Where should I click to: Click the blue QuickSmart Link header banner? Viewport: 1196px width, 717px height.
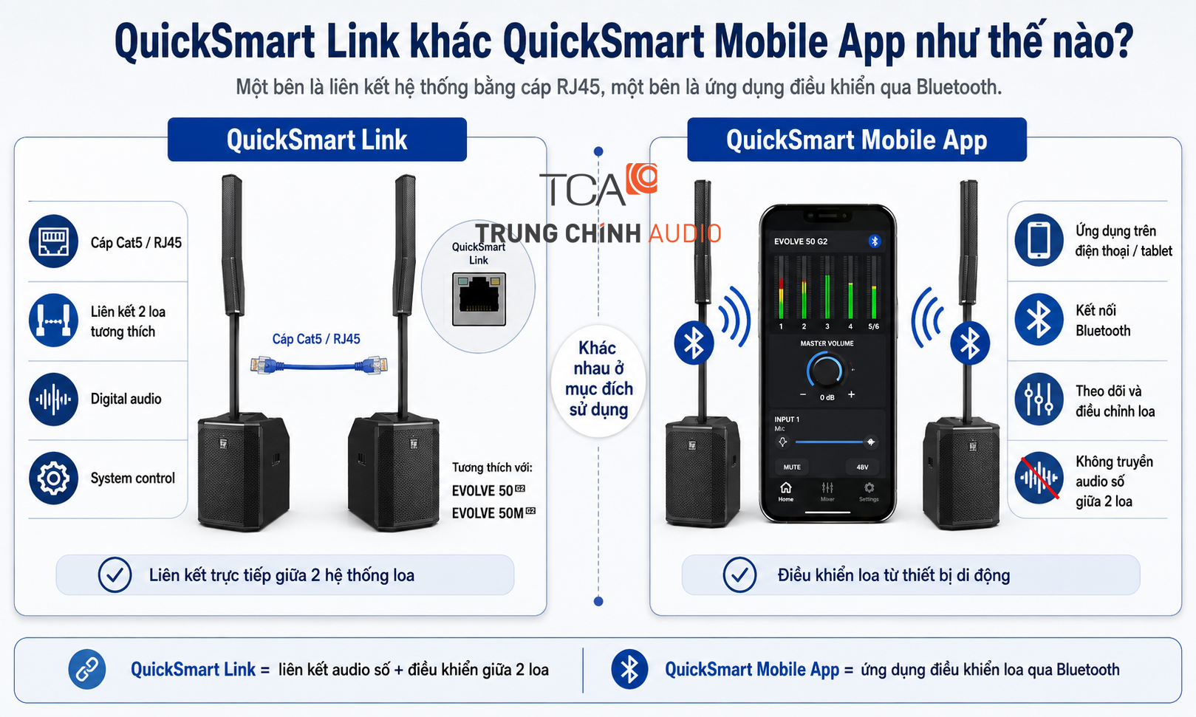[x=317, y=140]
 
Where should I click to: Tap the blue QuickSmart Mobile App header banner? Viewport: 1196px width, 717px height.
[x=856, y=140]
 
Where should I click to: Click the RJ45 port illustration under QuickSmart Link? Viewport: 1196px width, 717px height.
[x=479, y=299]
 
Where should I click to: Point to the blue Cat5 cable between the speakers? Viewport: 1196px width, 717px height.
[x=318, y=366]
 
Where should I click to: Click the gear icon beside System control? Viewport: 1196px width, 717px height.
[x=53, y=478]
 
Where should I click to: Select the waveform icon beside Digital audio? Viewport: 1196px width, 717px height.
[x=53, y=399]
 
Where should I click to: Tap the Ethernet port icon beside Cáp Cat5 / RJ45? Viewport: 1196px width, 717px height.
[x=53, y=241]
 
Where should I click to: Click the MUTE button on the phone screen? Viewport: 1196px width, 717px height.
[x=792, y=467]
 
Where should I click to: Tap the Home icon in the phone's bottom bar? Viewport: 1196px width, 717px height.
[x=785, y=491]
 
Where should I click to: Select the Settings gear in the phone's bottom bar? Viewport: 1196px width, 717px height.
[x=869, y=491]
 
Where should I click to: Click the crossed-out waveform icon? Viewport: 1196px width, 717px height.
[x=1039, y=478]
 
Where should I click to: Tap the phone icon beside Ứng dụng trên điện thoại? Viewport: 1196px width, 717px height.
[x=1039, y=240]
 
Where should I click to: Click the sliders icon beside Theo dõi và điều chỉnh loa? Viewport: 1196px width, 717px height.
[x=1039, y=399]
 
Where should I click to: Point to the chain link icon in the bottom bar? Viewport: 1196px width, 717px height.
[x=87, y=669]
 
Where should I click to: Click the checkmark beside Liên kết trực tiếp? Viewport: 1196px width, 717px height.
[x=115, y=575]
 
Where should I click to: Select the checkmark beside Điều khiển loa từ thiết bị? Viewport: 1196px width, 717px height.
[x=739, y=575]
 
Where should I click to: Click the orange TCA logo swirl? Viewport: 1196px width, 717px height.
[x=642, y=178]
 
